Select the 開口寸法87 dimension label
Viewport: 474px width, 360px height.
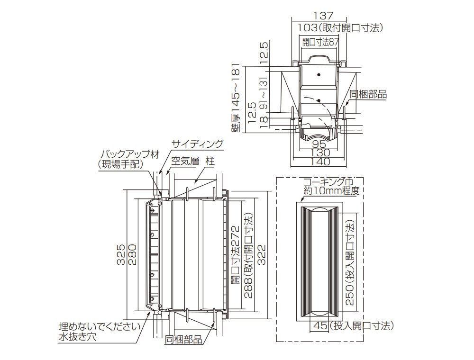pos(321,42)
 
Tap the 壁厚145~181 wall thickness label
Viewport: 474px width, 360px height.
pos(236,98)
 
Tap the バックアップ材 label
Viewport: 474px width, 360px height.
pos(129,154)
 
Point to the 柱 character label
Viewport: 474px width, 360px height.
pos(210,161)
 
